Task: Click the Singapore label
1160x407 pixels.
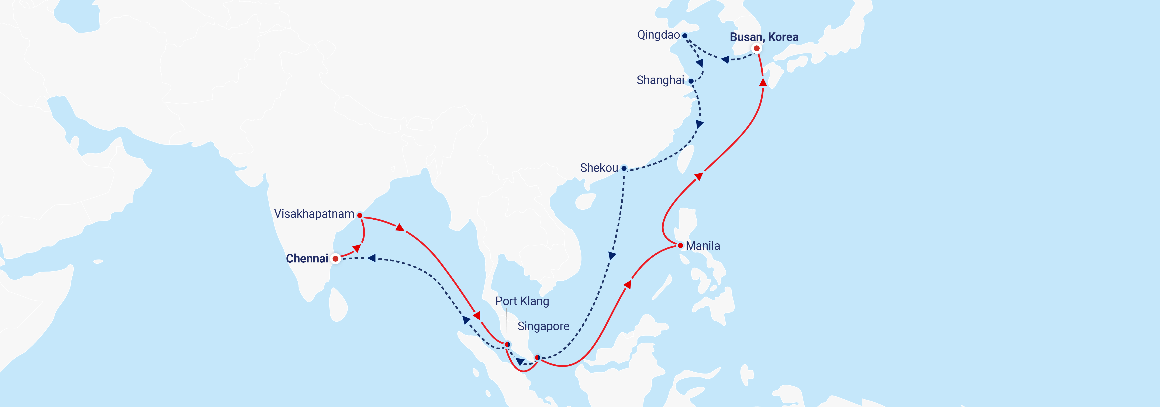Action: pos(543,326)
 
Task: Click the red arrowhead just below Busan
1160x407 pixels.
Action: pos(763,82)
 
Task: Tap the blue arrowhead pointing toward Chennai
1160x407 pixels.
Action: pos(372,258)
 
